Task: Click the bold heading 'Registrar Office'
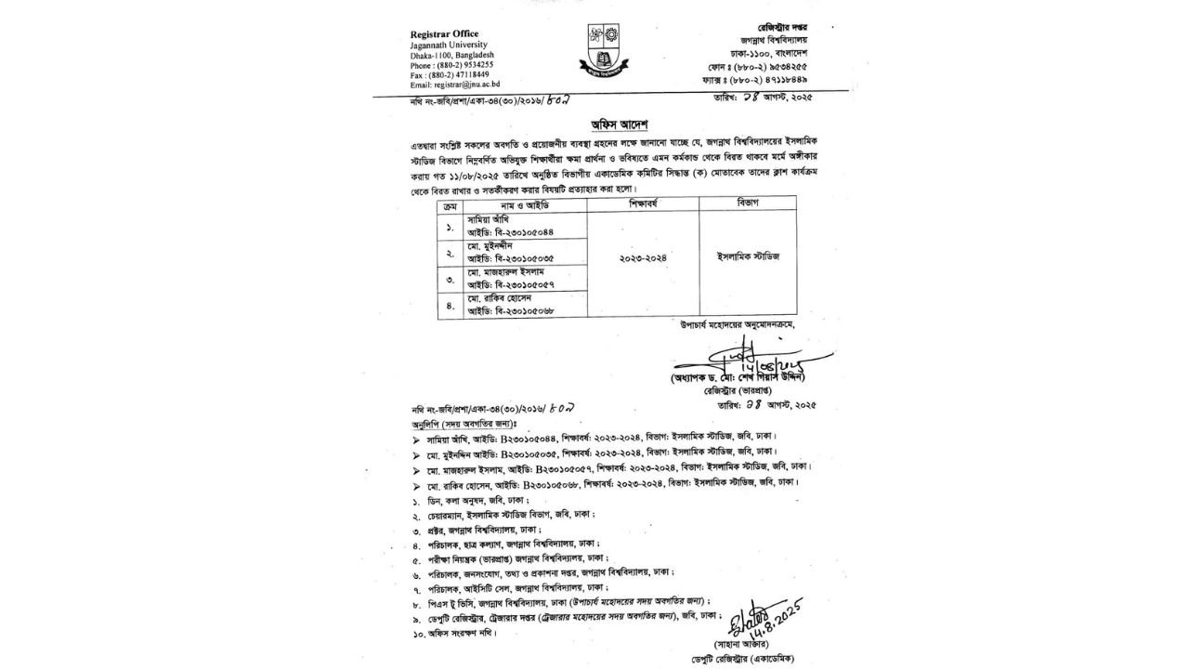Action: tap(446, 34)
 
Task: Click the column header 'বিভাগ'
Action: tap(747, 202)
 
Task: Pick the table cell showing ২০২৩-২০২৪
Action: tap(643, 257)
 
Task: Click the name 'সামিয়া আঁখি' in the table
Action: tap(490, 217)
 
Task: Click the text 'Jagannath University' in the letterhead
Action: tap(452, 45)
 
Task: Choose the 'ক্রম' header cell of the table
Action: tap(450, 202)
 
